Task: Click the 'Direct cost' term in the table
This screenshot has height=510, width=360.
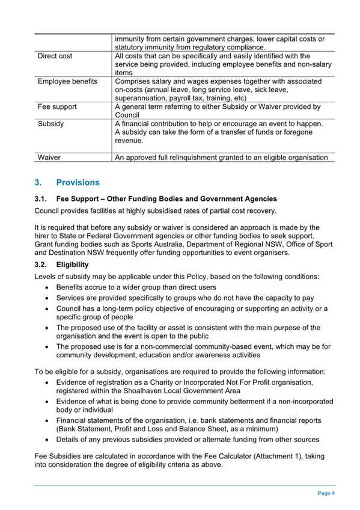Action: [x=55, y=56]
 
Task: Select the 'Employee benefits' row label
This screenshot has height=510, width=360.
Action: [x=67, y=81]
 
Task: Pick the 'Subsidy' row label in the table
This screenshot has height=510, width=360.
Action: [x=51, y=123]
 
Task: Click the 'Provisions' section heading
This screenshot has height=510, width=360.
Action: [x=78, y=182]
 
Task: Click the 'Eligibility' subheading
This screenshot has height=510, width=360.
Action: [x=73, y=264]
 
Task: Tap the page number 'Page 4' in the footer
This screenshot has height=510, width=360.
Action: [x=326, y=493]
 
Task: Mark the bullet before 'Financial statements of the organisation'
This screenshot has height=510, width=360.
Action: [x=47, y=420]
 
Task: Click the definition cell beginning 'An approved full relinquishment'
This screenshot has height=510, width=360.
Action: [x=221, y=158]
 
